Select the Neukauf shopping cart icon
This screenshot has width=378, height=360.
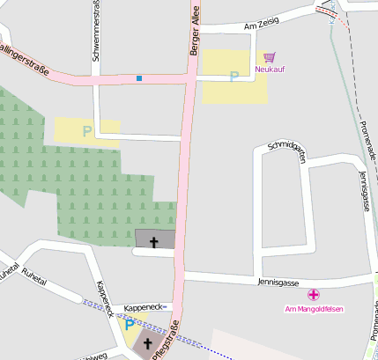point(270,57)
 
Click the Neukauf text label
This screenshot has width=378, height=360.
point(270,69)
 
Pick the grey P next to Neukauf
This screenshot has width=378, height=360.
point(233,77)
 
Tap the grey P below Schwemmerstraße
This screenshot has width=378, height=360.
point(86,131)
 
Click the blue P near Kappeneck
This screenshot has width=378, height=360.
point(130,325)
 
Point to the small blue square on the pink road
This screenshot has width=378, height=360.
point(138,78)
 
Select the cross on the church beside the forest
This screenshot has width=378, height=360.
point(154,240)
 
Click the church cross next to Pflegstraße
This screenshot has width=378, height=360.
point(148,344)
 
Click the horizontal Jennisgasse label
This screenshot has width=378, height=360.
point(278,283)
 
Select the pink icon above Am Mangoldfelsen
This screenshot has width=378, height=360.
point(314,295)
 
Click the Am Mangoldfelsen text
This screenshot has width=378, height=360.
point(314,308)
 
